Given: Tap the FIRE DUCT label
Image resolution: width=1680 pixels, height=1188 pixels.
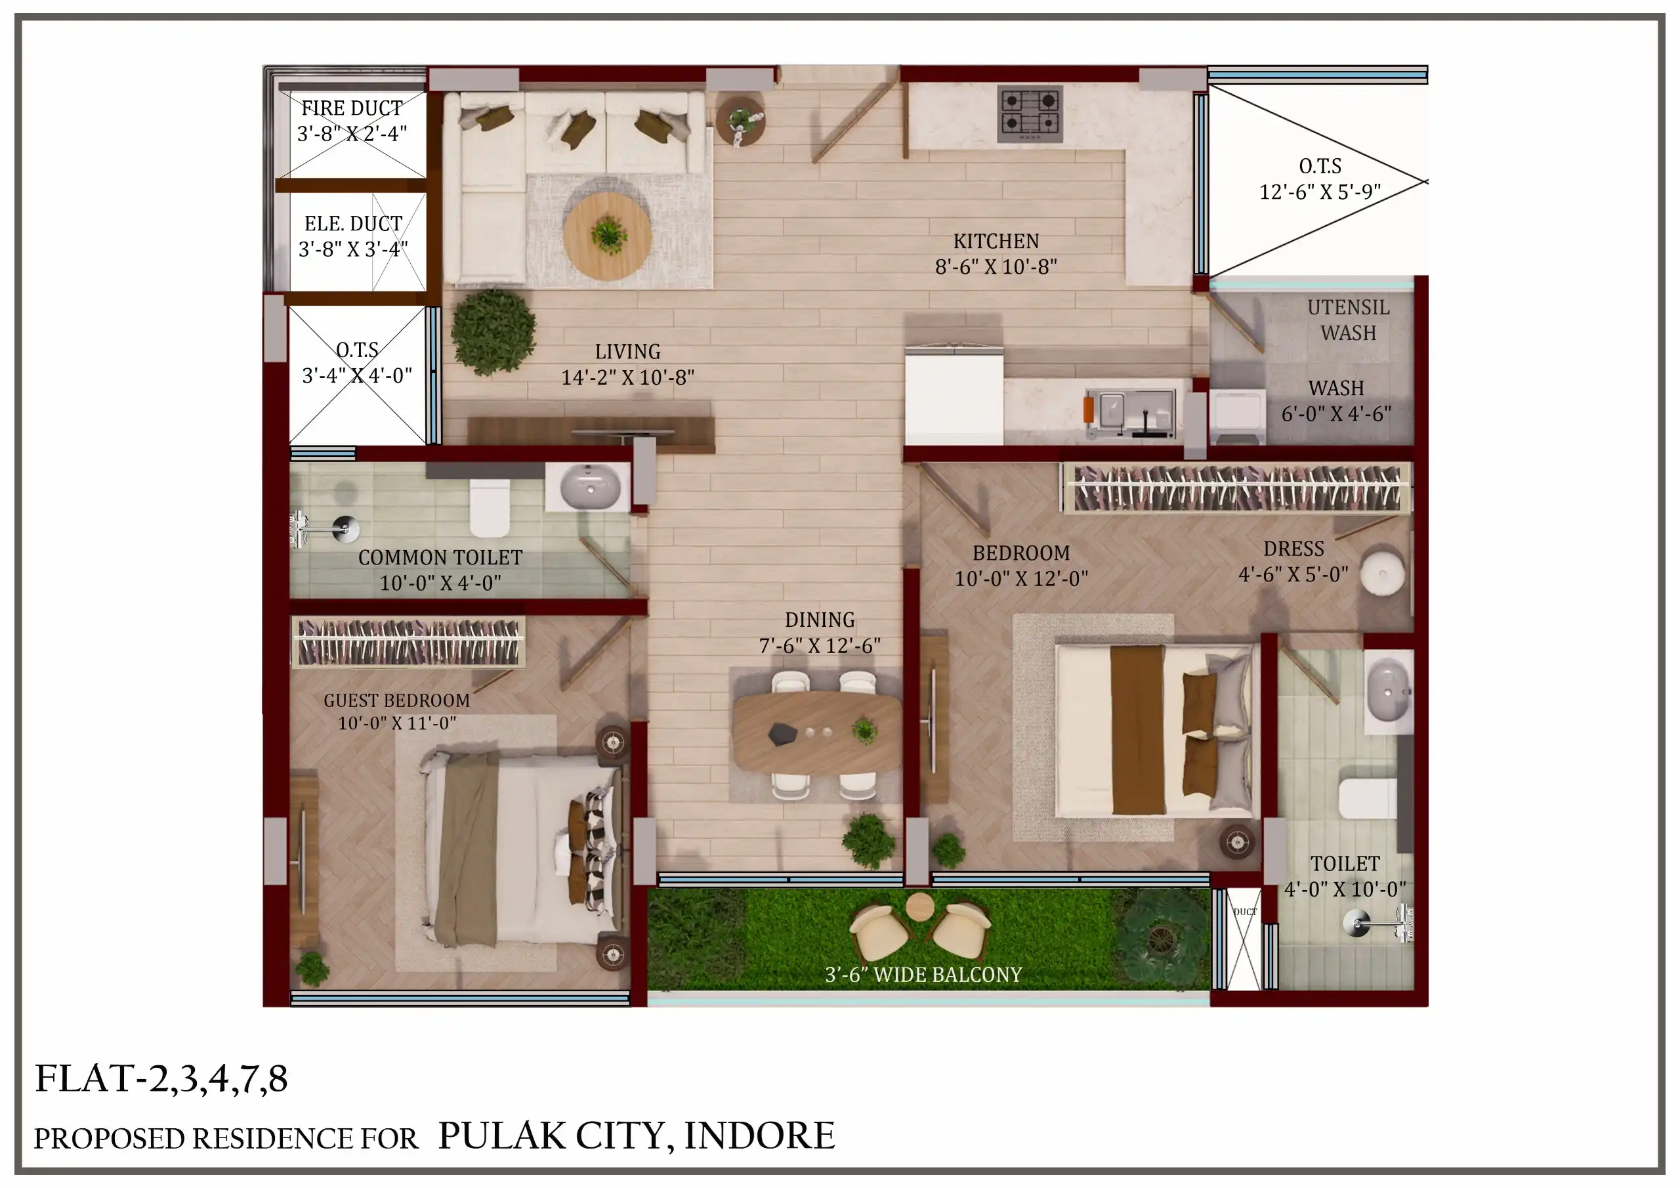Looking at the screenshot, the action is [x=352, y=108].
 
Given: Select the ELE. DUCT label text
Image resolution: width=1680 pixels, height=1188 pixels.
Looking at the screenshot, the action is [x=354, y=223].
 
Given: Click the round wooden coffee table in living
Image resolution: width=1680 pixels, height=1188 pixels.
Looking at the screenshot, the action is [x=607, y=236].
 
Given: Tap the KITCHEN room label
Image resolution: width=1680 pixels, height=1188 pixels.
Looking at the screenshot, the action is [x=996, y=241].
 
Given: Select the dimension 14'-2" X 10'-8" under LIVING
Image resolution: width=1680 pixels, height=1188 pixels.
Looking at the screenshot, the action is [x=627, y=377].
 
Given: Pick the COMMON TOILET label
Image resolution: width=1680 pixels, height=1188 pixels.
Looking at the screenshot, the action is [x=440, y=557].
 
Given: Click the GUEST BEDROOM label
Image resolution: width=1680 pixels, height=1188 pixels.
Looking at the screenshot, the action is [x=396, y=700].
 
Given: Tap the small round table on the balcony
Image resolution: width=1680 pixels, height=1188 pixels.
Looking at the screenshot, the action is [x=919, y=908].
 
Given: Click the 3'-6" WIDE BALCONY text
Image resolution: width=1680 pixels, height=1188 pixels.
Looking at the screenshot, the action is [x=923, y=974].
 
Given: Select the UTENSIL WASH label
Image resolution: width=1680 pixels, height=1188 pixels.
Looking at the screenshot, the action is [x=1348, y=320].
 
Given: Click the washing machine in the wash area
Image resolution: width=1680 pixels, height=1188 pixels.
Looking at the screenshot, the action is [x=1238, y=417].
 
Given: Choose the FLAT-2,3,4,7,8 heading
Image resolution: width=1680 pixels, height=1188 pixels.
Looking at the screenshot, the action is [x=161, y=1079].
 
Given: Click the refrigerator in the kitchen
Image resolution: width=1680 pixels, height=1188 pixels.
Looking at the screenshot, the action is [x=954, y=394].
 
